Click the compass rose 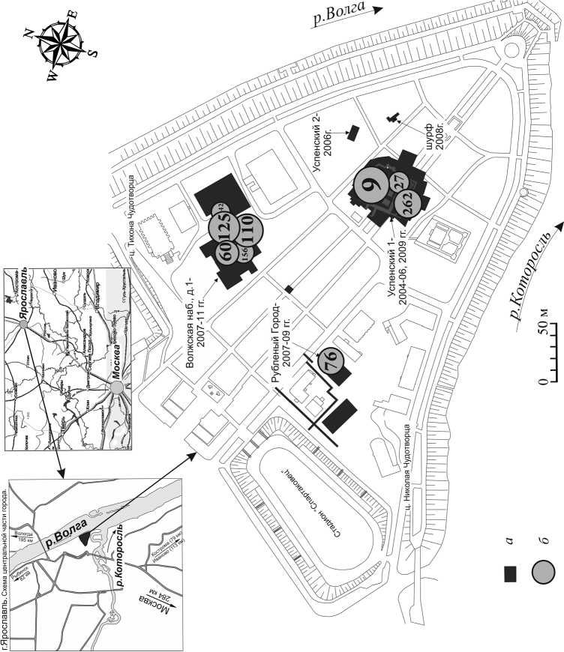[61, 46]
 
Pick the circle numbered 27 [398, 182]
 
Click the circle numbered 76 [330, 362]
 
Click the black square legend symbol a [512, 574]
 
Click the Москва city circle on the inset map [117, 388]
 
